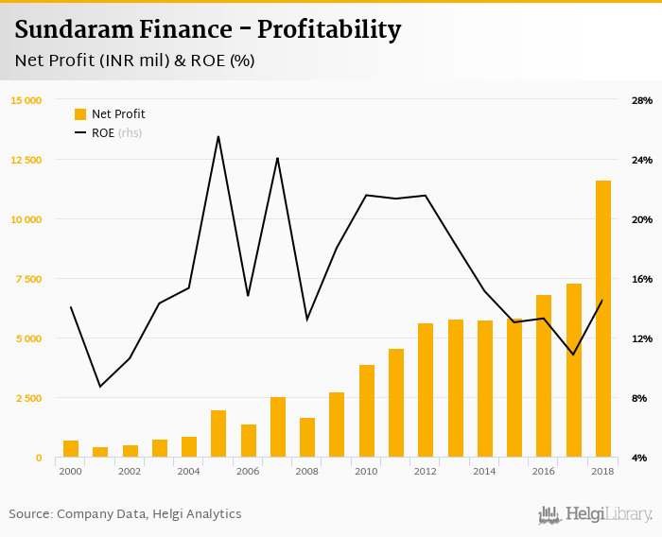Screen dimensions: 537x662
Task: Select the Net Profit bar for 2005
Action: click(218, 434)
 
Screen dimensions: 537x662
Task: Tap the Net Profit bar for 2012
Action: click(426, 390)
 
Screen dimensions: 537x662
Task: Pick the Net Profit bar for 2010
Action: click(367, 411)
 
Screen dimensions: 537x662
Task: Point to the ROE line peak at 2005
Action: click(218, 137)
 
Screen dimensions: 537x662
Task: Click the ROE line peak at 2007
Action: click(277, 159)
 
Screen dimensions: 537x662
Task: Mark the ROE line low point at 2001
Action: click(100, 386)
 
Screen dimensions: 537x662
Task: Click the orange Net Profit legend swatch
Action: click(80, 114)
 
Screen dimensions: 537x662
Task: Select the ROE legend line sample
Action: click(80, 133)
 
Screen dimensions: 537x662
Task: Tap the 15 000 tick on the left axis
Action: click(26, 100)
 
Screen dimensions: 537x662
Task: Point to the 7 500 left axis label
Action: click(28, 279)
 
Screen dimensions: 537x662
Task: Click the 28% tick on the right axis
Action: click(641, 100)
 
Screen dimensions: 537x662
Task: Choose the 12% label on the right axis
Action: click(641, 338)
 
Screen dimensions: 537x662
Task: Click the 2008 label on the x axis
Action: click(306, 471)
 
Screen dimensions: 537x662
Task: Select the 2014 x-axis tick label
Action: click(484, 471)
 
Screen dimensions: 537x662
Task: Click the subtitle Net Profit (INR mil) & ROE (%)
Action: click(135, 61)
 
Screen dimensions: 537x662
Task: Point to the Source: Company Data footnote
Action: click(125, 514)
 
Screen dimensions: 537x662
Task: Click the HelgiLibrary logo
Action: click(596, 515)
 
